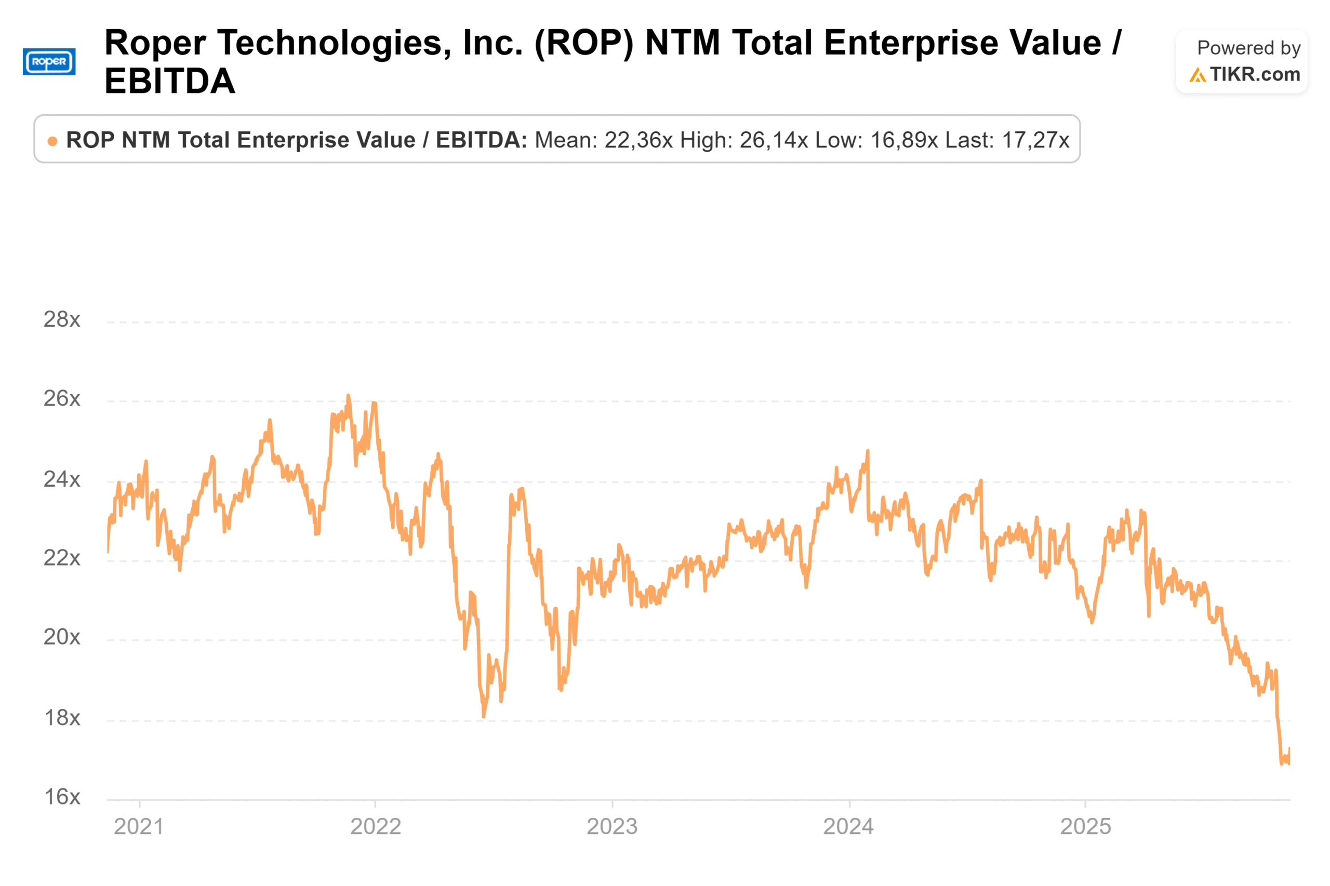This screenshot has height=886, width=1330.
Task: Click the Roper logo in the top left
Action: tap(49, 62)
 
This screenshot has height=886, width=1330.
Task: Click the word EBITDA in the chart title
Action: tap(169, 81)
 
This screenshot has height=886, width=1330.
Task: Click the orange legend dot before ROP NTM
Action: tap(52, 141)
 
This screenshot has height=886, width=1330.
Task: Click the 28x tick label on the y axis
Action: tap(62, 320)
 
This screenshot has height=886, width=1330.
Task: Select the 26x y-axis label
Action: tap(62, 399)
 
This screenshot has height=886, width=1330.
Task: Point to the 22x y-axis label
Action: tap(62, 558)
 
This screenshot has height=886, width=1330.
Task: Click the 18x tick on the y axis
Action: tap(62, 718)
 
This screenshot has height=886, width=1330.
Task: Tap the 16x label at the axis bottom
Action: tap(62, 797)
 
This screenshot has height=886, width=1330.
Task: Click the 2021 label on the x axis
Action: tap(139, 827)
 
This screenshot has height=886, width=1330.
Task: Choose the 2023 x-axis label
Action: tap(611, 827)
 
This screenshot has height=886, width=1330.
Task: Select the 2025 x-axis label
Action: tap(1085, 827)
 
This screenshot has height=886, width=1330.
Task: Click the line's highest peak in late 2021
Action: tap(348, 396)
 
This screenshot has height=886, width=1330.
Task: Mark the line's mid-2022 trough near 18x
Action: tap(483, 716)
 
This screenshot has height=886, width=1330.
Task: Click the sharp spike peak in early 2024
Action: tap(867, 451)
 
